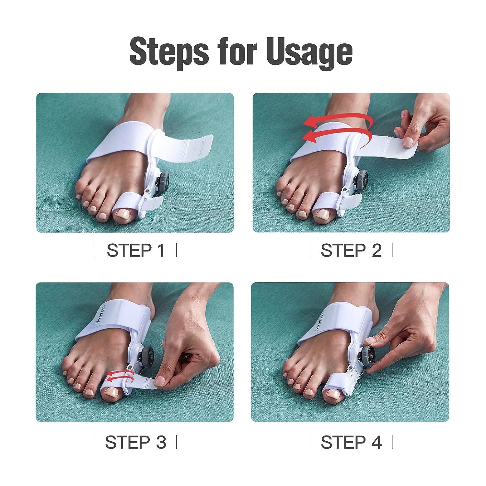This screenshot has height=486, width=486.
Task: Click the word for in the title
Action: click(x=238, y=52)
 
